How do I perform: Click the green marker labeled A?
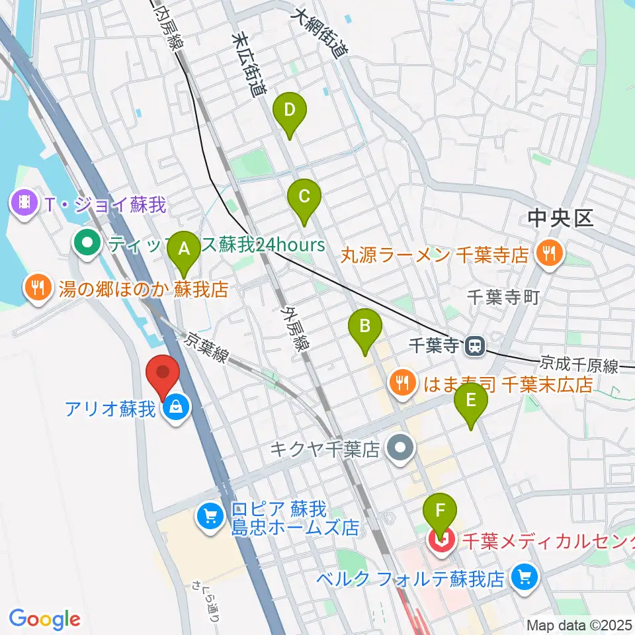point(184,250)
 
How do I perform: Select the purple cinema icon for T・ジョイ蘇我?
point(24,203)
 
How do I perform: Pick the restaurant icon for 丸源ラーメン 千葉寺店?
point(548,253)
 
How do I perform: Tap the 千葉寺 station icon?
point(474,345)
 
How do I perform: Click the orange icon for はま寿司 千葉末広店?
point(402,382)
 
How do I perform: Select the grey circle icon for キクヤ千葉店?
point(400,450)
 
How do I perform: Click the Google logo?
point(44,619)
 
